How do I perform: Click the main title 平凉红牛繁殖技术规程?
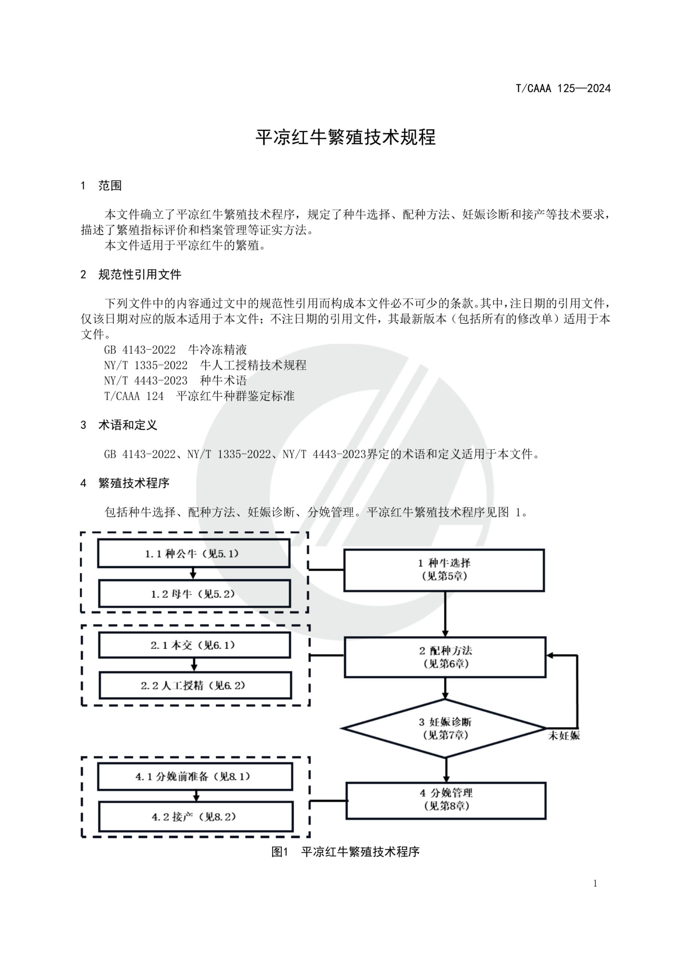tap(346, 138)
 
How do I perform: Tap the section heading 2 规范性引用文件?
tap(131, 275)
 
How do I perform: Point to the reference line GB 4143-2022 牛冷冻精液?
tap(176, 350)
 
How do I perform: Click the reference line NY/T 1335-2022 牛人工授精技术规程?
tap(205, 365)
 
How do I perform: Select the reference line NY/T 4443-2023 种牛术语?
tap(176, 381)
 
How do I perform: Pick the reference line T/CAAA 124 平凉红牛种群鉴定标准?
tap(199, 396)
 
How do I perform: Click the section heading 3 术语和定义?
tap(119, 425)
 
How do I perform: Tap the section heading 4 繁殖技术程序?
tap(125, 483)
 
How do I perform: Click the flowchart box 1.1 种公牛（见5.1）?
tap(193, 554)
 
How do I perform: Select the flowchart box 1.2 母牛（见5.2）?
tap(194, 594)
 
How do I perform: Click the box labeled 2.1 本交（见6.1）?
tap(194, 645)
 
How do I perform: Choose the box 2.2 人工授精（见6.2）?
tap(195, 686)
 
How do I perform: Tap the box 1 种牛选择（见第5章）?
tap(444, 570)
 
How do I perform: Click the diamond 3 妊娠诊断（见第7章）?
tap(445, 728)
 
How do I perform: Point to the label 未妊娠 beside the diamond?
tap(564, 736)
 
